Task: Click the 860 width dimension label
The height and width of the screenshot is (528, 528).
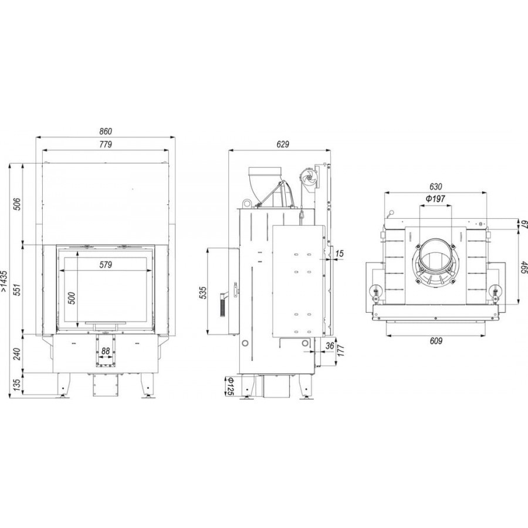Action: click(x=106, y=131)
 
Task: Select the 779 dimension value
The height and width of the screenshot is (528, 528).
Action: click(x=106, y=144)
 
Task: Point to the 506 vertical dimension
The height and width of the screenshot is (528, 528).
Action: click(x=18, y=204)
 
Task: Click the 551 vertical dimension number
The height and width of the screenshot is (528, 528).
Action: click(x=18, y=290)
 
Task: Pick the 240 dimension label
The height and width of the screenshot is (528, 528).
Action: click(x=18, y=354)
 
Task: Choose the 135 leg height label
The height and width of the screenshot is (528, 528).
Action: click(x=18, y=384)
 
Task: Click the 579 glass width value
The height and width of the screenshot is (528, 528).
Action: click(x=106, y=265)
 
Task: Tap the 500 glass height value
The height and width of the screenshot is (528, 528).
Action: click(x=72, y=299)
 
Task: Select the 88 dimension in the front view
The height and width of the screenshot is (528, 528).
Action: click(x=106, y=351)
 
